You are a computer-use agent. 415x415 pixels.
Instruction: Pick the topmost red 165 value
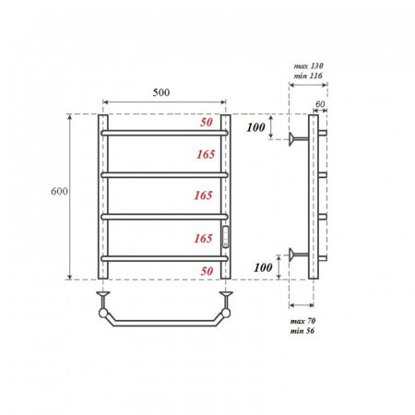[205, 156]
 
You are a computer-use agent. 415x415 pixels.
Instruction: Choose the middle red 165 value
[205, 196]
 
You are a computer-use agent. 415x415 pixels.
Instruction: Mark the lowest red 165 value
[205, 238]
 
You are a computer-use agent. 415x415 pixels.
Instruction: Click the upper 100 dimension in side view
[258, 125]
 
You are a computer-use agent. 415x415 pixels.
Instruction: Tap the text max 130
[309, 66]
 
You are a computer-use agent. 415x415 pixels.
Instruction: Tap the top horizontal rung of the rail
[164, 133]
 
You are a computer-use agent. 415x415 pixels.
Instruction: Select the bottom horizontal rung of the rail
[164, 257]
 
